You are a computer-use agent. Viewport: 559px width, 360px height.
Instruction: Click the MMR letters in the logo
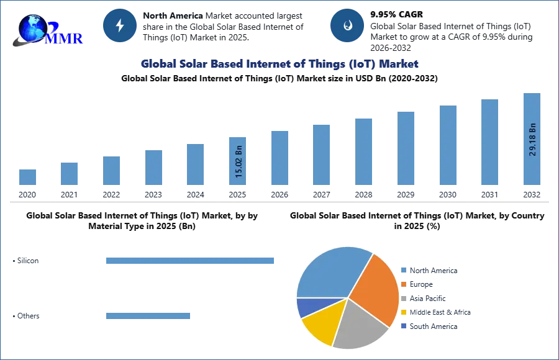(x=66, y=38)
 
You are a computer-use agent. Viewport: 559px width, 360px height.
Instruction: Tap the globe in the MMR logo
(x=33, y=28)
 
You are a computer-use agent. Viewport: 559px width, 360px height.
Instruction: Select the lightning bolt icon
(x=120, y=25)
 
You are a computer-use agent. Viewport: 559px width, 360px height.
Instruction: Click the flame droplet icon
(x=347, y=25)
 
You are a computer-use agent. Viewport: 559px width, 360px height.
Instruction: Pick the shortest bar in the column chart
(x=27, y=178)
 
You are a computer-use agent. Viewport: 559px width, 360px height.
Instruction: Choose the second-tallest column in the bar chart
(x=489, y=143)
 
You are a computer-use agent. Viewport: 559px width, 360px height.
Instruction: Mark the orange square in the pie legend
(x=403, y=284)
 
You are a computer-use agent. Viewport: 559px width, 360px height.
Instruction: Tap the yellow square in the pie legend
(x=403, y=312)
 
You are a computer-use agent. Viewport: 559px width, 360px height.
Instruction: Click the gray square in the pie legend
(x=403, y=298)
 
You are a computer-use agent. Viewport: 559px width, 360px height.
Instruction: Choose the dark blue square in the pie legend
(x=403, y=326)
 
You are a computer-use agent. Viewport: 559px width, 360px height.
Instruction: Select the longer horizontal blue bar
(x=191, y=261)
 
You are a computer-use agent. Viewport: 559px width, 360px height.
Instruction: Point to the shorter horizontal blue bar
(x=148, y=317)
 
